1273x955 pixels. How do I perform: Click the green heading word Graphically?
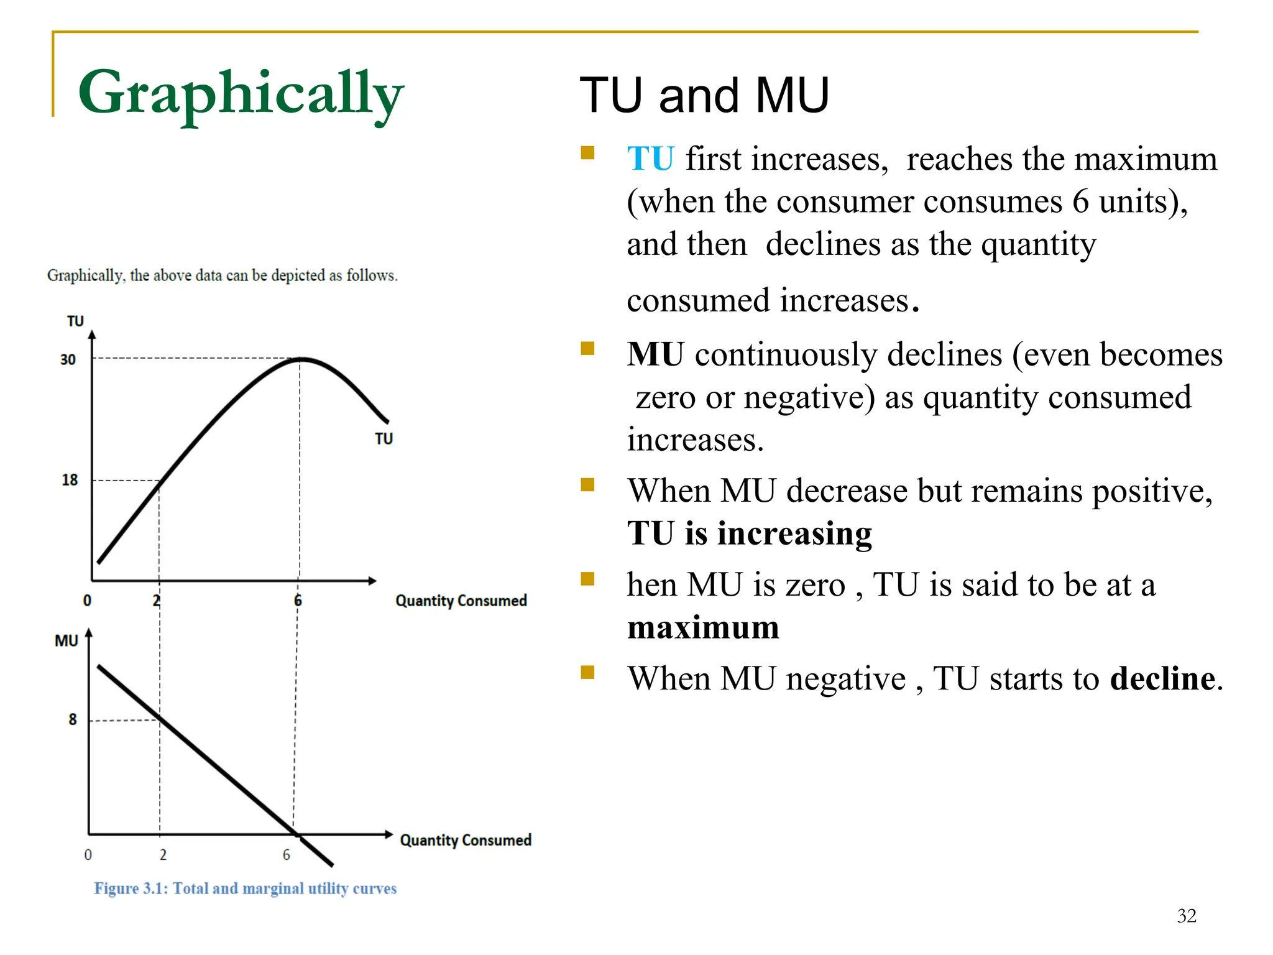pyautogui.click(x=241, y=93)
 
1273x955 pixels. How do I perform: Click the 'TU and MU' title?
pyautogui.click(x=704, y=96)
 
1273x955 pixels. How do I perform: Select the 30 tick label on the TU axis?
pyautogui.click(x=68, y=359)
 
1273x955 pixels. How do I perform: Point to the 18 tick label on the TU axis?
pyautogui.click(x=70, y=480)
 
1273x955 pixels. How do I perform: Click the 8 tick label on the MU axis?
pyautogui.click(x=73, y=719)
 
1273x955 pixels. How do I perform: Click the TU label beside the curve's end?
pyautogui.click(x=384, y=439)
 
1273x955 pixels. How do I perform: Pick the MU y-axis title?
pyautogui.click(x=67, y=640)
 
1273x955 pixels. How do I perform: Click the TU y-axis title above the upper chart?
pyautogui.click(x=75, y=321)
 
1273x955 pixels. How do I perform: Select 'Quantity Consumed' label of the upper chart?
pyautogui.click(x=461, y=601)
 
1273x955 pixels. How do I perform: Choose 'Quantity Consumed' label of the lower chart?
pyautogui.click(x=466, y=840)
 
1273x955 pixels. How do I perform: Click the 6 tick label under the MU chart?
pyautogui.click(x=287, y=855)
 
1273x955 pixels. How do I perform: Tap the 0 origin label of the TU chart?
pyautogui.click(x=87, y=601)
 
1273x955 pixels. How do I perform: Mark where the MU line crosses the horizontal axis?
pyautogui.click(x=296, y=834)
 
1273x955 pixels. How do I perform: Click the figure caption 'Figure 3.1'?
pyautogui.click(x=245, y=888)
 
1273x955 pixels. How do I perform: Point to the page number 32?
pyautogui.click(x=1186, y=916)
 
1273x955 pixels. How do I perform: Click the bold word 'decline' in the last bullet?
pyautogui.click(x=1162, y=678)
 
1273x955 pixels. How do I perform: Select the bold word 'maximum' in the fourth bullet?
pyautogui.click(x=703, y=627)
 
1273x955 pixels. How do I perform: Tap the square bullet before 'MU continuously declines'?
pyautogui.click(x=587, y=348)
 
